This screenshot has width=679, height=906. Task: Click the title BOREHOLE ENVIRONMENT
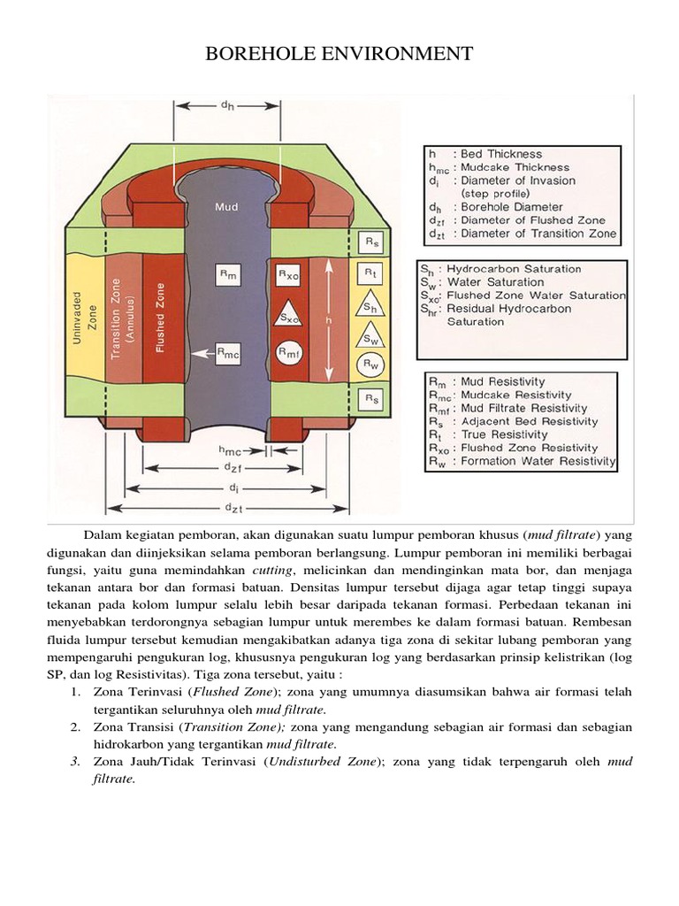(339, 55)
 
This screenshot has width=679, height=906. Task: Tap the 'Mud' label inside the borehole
(226, 207)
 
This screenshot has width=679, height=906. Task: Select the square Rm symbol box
(226, 274)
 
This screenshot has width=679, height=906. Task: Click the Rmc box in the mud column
(226, 351)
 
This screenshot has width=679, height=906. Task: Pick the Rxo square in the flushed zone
(288, 274)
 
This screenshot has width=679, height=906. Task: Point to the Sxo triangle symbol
(288, 316)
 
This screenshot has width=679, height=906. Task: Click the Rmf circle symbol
(288, 353)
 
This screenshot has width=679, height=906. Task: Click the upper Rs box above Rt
(372, 242)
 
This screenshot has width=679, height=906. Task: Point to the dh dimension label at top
(226, 104)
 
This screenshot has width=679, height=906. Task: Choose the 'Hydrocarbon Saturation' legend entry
(514, 269)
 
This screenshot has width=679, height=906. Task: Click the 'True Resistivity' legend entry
(510, 434)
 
